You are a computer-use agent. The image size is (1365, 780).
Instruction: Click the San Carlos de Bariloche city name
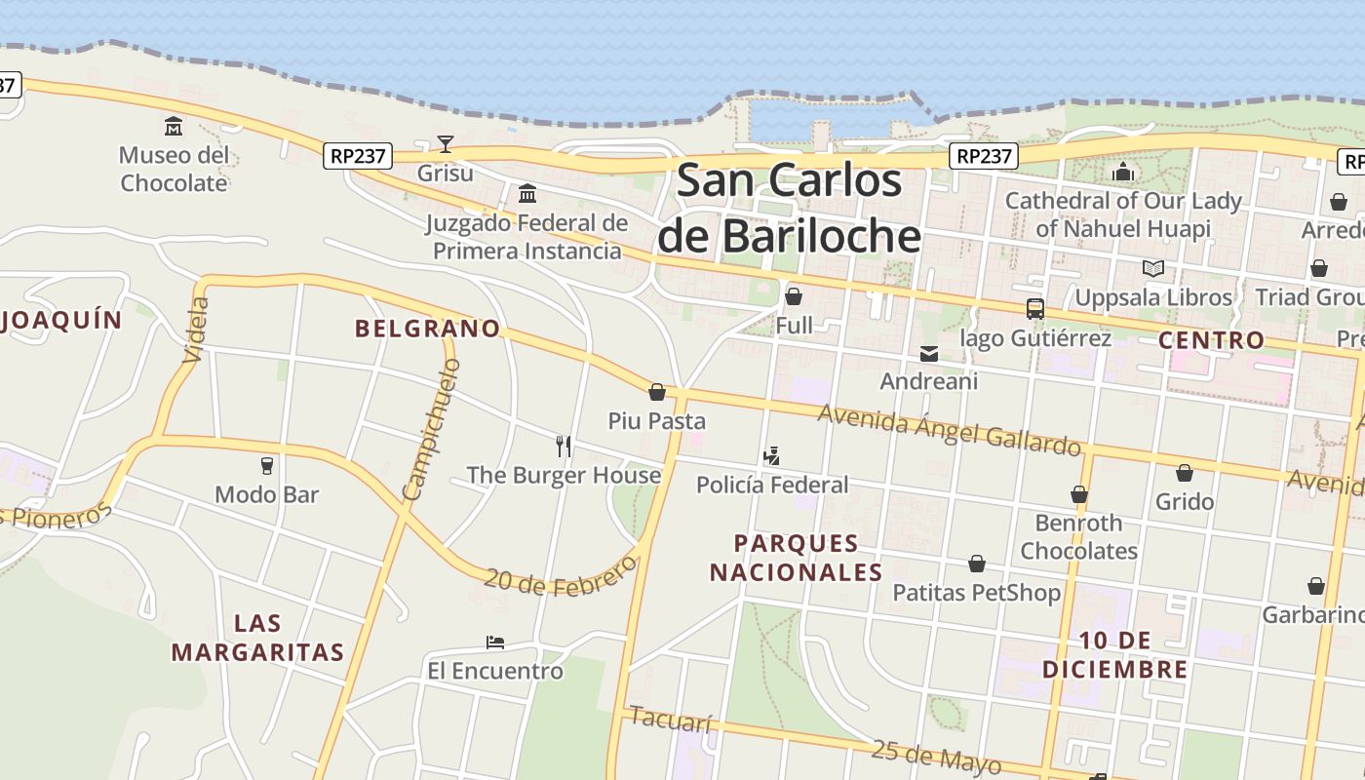[x=789, y=209]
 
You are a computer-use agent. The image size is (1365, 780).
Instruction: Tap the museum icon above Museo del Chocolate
[x=174, y=126]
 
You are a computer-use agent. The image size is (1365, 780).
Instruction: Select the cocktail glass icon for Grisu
[x=446, y=144]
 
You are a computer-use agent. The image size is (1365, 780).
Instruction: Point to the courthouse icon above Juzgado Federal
[x=527, y=193]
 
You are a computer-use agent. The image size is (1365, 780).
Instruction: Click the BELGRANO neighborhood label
[x=427, y=329]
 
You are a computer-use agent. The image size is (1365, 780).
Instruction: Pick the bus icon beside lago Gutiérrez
[x=1034, y=309]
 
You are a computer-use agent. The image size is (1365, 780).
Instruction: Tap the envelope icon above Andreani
[x=929, y=353]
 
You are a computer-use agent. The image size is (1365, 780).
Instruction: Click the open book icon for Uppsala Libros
[x=1153, y=268]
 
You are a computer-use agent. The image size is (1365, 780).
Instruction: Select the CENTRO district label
[x=1211, y=340]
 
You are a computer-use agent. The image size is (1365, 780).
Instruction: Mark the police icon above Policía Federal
[x=771, y=455]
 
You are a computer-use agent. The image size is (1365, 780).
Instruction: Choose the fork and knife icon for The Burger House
[x=564, y=447]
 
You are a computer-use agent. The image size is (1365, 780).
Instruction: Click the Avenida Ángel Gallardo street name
[x=950, y=430]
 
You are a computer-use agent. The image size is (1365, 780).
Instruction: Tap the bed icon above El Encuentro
[x=495, y=643]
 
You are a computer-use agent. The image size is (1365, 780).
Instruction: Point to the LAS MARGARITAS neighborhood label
[x=258, y=638]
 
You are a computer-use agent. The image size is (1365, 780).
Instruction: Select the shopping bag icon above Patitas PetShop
[x=976, y=564]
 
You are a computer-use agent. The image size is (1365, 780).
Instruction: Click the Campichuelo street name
[x=430, y=430]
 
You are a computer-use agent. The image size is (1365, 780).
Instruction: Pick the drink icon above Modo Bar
[x=267, y=466]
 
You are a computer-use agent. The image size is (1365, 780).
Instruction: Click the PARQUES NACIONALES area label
[x=796, y=558]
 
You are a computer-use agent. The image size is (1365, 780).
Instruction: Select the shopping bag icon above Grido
[x=1184, y=473]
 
